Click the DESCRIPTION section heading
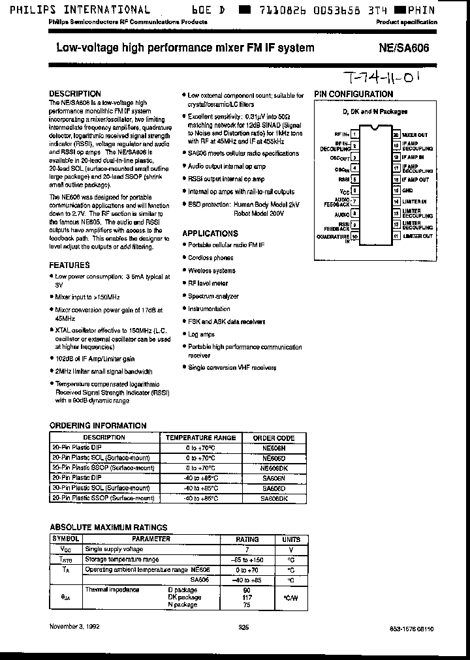[x=75, y=94]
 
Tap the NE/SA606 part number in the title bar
[x=404, y=48]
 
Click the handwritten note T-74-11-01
[x=379, y=80]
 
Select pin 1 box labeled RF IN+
[x=354, y=134]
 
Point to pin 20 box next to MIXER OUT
[x=396, y=134]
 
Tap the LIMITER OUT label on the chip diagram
[x=418, y=236]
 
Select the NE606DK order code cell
[x=274, y=468]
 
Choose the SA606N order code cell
[x=274, y=478]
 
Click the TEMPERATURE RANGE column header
[x=200, y=438]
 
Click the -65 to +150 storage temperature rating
[x=247, y=560]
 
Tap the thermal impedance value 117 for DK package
[x=247, y=597]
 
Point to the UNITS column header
[x=290, y=539]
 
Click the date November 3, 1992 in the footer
[x=76, y=627]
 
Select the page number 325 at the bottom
[x=243, y=627]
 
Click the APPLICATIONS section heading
[x=210, y=233]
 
